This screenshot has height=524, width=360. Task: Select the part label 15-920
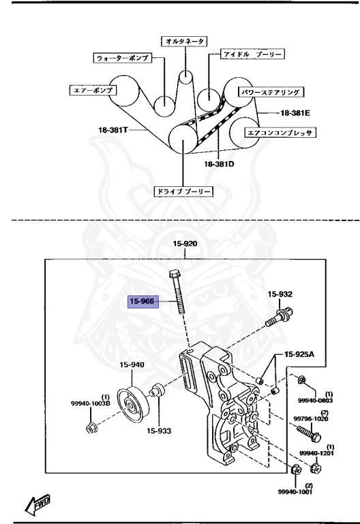tap(185, 244)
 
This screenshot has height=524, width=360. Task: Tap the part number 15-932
tap(280, 294)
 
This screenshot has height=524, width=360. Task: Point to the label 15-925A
tap(299, 353)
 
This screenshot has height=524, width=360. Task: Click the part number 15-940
tap(132, 364)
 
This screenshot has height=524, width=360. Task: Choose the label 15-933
tap(159, 431)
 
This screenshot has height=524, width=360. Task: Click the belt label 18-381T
tap(113, 130)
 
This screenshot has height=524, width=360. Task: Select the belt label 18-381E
tap(295, 113)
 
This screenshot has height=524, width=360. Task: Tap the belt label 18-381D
tap(219, 164)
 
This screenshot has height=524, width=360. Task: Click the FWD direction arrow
tap(37, 504)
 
